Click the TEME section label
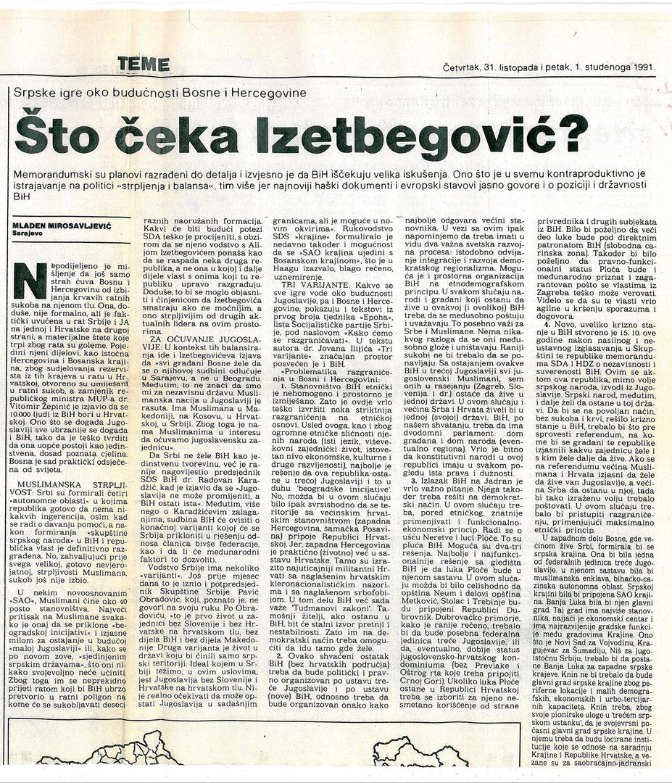(144, 64)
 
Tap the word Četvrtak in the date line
(464, 67)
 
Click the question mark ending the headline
(573, 133)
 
